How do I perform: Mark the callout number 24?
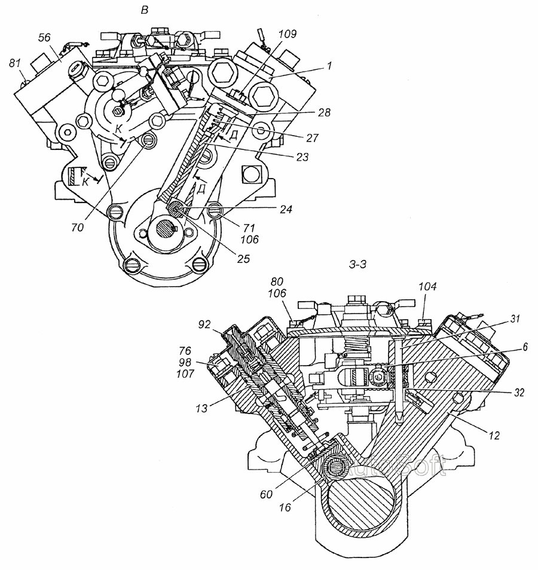pos(286,210)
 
